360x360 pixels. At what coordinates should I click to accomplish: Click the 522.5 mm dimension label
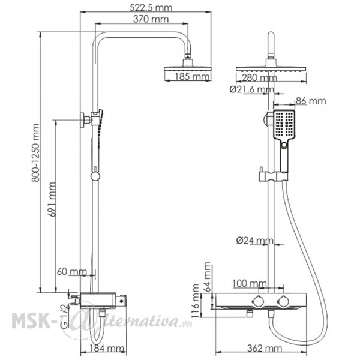151,8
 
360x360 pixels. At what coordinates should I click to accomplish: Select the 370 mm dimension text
151,19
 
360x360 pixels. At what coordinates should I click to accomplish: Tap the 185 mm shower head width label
193,77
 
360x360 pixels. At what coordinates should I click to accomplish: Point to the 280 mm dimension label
259,78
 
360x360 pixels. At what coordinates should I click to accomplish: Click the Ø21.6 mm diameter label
252,89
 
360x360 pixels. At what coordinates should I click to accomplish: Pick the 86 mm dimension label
311,101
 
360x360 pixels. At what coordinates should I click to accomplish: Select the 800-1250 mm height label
35,153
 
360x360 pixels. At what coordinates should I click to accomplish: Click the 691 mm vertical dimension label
52,200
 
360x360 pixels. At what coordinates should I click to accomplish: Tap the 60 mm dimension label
72,272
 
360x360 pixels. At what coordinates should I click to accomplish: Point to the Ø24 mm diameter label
255,241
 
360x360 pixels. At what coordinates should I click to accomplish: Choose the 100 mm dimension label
250,284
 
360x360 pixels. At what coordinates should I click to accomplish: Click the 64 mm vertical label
208,277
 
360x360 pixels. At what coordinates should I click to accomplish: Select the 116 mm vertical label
196,301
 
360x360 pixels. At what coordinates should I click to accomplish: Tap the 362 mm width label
265,349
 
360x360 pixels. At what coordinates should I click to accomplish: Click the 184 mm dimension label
107,349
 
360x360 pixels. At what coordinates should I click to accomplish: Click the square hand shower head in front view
284,124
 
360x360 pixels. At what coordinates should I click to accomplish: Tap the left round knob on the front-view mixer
257,301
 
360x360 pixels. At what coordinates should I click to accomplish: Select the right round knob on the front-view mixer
283,301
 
